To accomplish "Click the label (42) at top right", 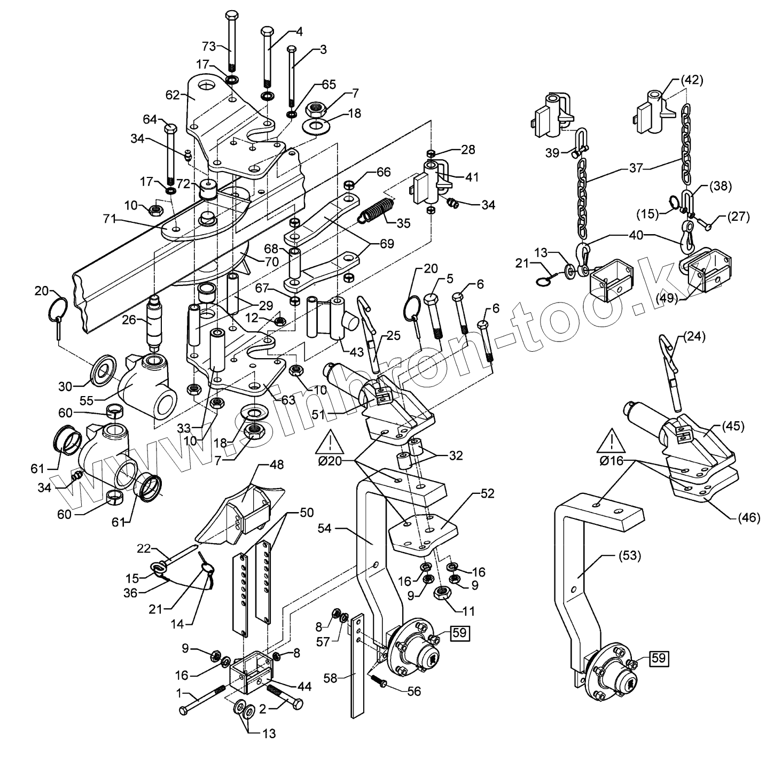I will coord(692,80).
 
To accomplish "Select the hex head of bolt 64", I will coord(170,129).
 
